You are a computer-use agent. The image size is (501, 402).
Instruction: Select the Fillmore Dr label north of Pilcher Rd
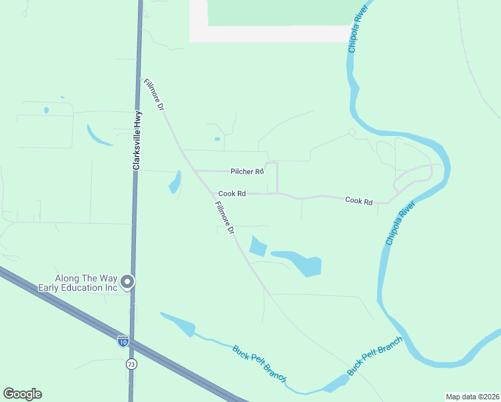pyautogui.click(x=153, y=94)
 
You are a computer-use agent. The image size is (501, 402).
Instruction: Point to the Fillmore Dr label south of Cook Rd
pyautogui.click(x=224, y=218)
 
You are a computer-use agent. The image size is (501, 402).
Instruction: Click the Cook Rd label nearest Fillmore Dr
pyautogui.click(x=232, y=194)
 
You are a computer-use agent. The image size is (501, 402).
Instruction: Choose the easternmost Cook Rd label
pyautogui.click(x=358, y=200)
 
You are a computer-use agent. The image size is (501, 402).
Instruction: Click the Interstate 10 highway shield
pyautogui.click(x=123, y=341)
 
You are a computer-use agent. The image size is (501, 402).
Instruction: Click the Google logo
pyautogui.click(x=22, y=394)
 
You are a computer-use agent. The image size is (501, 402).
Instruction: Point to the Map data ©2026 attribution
pyautogui.click(x=472, y=397)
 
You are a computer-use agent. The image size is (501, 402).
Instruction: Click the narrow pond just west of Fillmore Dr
pyautogui.click(x=175, y=182)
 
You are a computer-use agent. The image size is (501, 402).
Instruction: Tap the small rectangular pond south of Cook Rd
pyautogui.click(x=258, y=247)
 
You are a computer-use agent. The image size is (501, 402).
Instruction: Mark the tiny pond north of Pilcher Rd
pyautogui.click(x=217, y=139)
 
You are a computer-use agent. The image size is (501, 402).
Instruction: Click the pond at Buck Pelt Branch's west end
pyautogui.click(x=180, y=324)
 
